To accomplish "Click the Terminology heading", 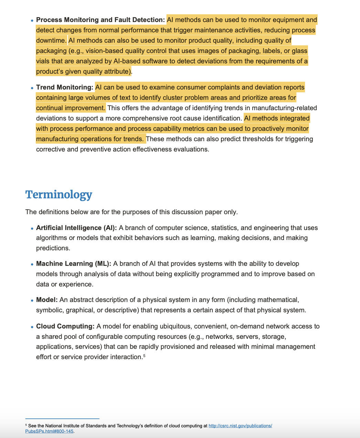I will (x=59, y=195).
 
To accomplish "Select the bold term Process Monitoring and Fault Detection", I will (x=100, y=20).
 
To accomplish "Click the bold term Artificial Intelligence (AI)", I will (x=76, y=228).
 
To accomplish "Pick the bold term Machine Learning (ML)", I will (x=74, y=264).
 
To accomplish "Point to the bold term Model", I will (x=47, y=300).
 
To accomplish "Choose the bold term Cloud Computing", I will (x=65, y=326).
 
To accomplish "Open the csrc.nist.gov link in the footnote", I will (x=240, y=426).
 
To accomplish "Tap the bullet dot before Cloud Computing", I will (x=32, y=327).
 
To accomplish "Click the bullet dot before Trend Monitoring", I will (x=32, y=88).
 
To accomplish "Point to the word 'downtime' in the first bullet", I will (x=51, y=41).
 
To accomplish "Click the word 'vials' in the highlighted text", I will (x=43, y=61).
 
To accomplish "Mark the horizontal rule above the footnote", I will (x=62, y=419).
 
